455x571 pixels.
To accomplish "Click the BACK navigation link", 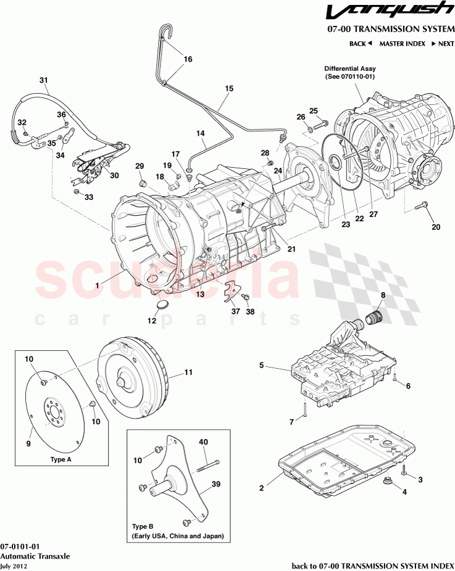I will [361, 44].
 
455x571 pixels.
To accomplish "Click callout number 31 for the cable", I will [44, 80].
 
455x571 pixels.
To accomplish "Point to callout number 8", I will [383, 295].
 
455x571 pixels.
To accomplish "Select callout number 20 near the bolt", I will [436, 227].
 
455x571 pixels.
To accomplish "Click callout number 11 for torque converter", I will [188, 372].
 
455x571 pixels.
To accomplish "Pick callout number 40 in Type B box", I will [203, 442].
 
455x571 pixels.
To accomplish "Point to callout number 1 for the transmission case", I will [97, 285].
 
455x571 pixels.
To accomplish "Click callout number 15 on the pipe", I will [229, 89].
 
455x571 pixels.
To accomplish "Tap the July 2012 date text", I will [13, 565].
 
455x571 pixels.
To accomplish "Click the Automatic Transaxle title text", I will [35, 556].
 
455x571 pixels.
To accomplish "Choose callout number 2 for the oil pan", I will [262, 488].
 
